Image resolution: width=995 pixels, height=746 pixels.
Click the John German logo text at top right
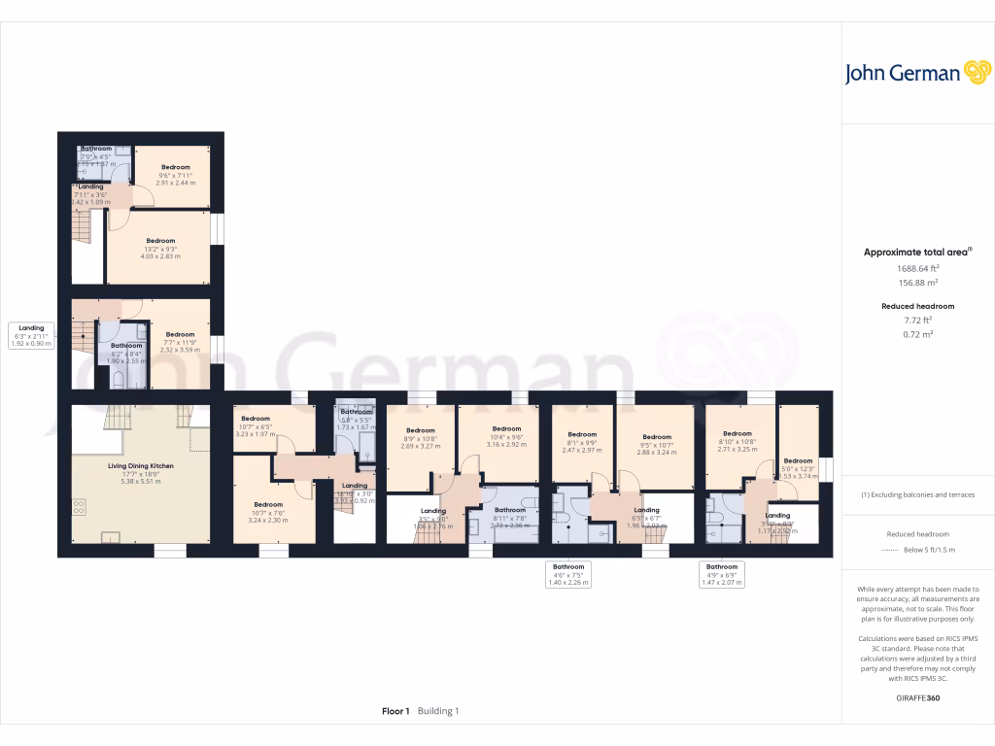coord(903,74)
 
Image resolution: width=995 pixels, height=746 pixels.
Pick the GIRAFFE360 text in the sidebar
coord(917,698)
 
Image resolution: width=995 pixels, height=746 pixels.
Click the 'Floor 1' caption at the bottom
coord(395,711)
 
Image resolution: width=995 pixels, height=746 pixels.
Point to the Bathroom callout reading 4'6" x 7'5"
coord(568,573)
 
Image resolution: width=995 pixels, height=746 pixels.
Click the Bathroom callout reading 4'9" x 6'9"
coord(722,573)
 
